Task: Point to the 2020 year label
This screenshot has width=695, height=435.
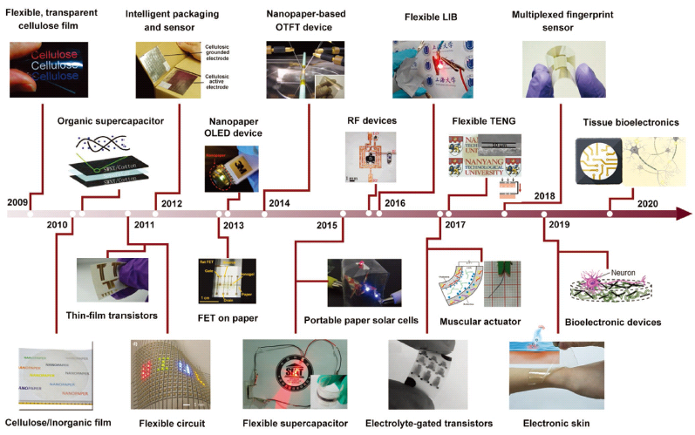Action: click(x=646, y=202)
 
